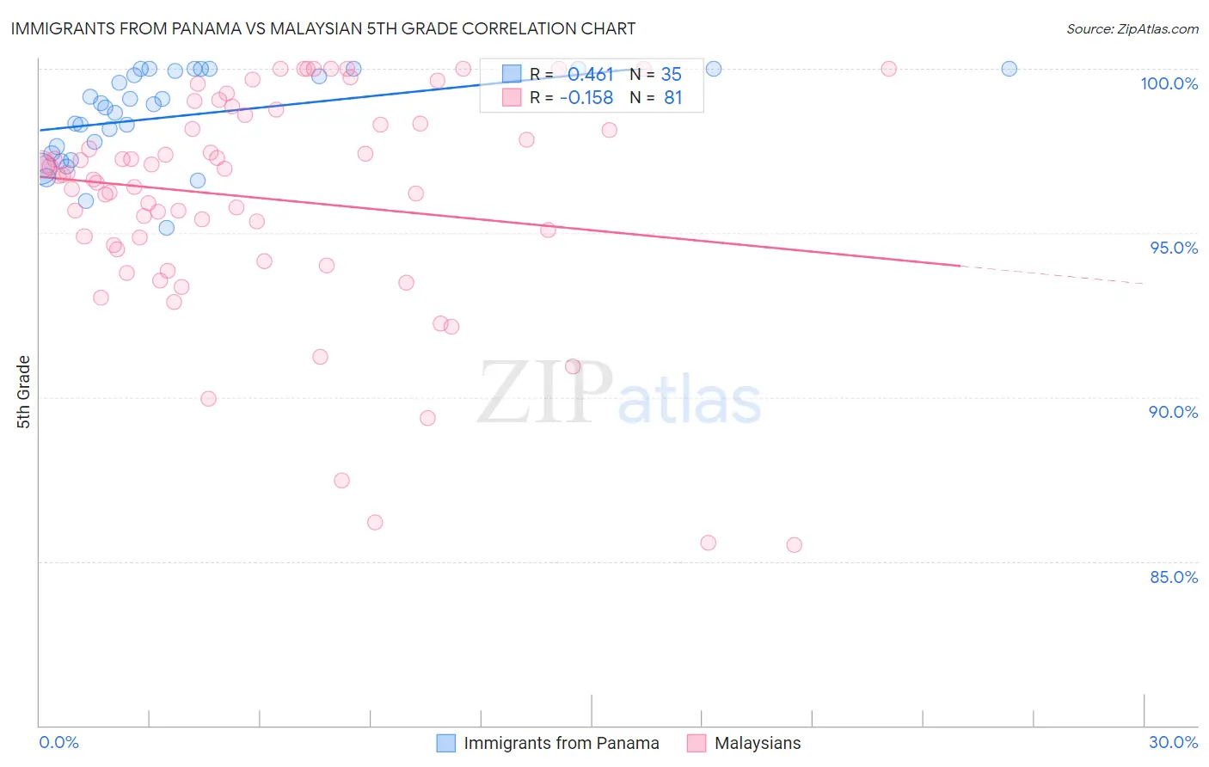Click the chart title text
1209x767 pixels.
point(323,28)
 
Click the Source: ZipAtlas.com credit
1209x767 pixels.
point(1132,29)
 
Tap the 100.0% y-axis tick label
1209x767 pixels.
point(1169,83)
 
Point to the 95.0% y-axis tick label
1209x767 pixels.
point(1173,248)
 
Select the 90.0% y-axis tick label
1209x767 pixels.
point(1173,412)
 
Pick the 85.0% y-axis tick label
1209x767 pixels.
point(1173,577)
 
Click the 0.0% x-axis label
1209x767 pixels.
point(58,742)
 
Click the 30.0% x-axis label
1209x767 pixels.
point(1173,742)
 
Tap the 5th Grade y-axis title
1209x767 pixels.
point(23,392)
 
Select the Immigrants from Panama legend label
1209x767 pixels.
point(561,743)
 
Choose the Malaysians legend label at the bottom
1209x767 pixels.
point(757,743)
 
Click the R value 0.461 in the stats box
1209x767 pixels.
point(590,75)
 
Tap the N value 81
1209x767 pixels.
point(672,98)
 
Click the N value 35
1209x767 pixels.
point(671,75)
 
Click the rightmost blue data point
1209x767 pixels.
point(1009,69)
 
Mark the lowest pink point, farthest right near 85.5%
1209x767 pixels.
point(794,545)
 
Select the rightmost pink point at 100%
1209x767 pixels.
point(888,69)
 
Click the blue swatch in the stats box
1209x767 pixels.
point(512,74)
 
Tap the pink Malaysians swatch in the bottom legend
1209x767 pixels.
point(697,743)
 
